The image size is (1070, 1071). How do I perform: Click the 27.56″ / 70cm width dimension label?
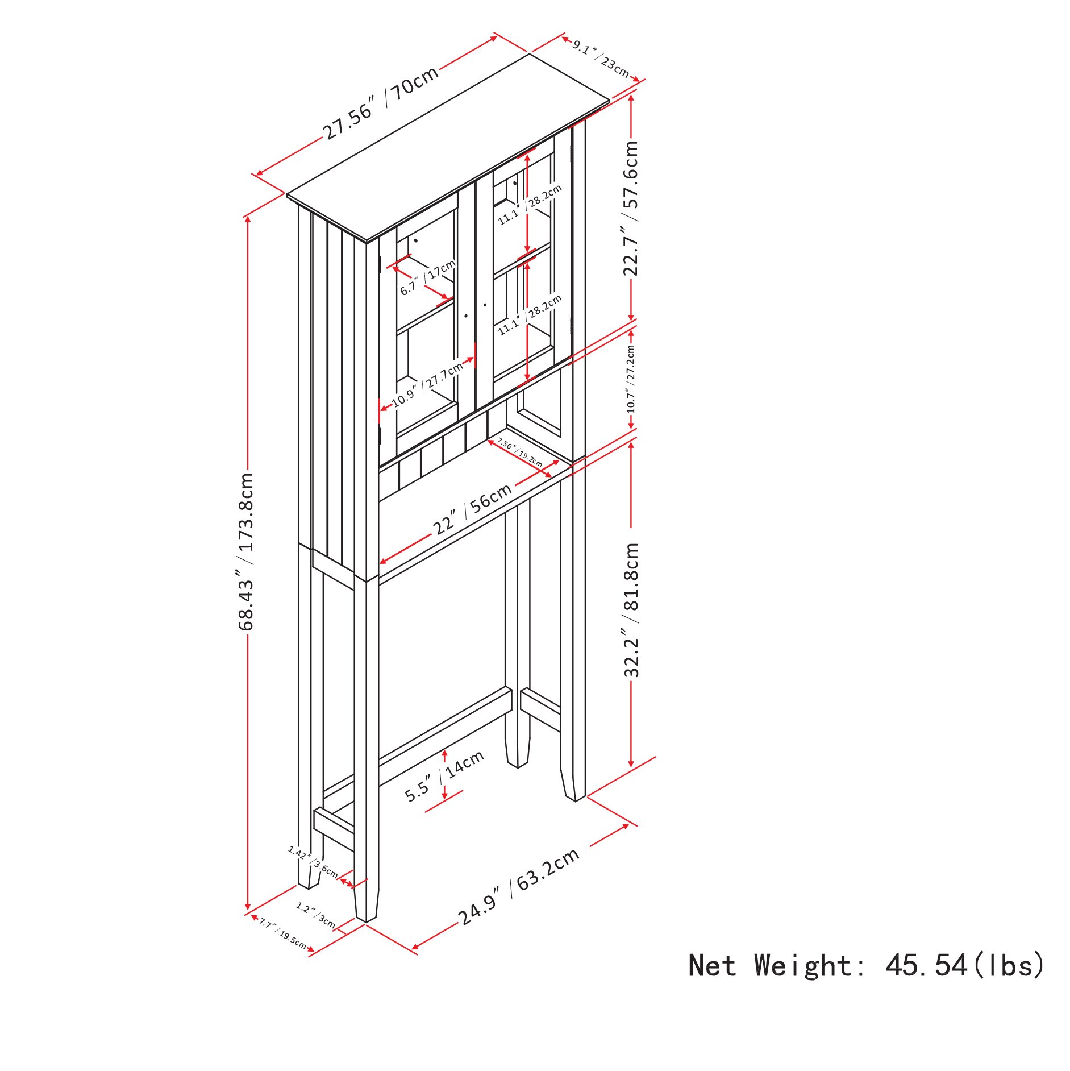point(381,102)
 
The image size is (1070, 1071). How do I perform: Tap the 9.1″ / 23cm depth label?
point(601,59)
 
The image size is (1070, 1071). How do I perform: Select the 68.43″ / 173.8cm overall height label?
point(245,551)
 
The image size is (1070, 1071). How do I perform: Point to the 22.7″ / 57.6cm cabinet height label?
point(631,208)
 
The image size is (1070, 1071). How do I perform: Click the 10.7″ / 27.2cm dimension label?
point(631,379)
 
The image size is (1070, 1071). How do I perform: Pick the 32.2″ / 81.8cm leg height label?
point(631,610)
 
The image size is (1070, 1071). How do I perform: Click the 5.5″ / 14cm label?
point(444,775)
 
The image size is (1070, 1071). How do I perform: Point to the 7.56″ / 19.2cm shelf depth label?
point(519,453)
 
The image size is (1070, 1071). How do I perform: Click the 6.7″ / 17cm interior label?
point(428,277)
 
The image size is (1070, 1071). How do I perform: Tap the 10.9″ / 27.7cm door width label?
point(428,385)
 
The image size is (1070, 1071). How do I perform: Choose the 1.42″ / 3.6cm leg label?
point(313,862)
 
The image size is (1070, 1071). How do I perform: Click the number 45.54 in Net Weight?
point(926,965)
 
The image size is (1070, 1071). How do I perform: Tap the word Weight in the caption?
point(802,965)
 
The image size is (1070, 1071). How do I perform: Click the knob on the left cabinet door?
point(466,316)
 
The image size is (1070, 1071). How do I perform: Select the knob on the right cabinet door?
point(485,305)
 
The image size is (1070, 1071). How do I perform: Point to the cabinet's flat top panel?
point(448,148)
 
